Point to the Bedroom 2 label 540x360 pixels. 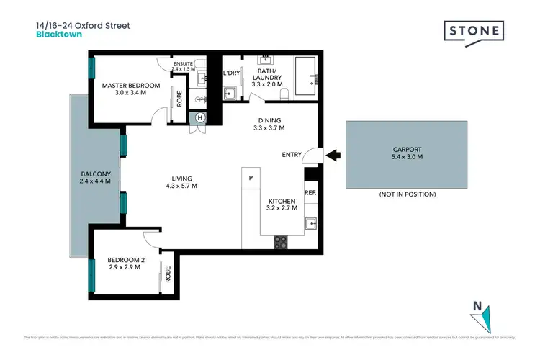123,263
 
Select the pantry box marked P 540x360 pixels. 251,177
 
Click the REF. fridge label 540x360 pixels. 310,192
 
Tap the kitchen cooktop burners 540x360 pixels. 281,242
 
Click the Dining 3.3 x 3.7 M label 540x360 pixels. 269,125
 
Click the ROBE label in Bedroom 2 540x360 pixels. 168,274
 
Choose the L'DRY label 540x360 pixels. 231,73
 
